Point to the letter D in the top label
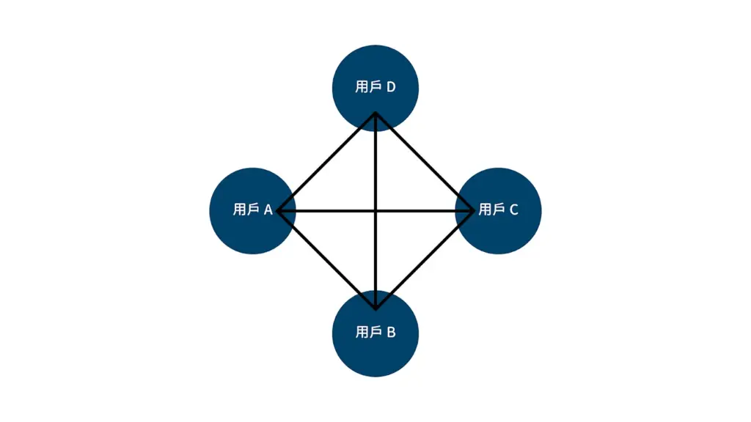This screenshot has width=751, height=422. pos(391,87)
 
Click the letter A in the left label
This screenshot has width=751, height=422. pos(268,210)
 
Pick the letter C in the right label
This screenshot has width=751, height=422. pos(514,210)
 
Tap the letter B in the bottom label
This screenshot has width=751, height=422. pos(392,332)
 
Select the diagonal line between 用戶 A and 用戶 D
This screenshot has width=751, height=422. pos(326,162)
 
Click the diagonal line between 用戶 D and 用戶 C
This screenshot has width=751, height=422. pos(425,162)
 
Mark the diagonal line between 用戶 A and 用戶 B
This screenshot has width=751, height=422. pos(326,260)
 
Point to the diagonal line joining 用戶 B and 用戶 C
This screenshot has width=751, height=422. pos(425,260)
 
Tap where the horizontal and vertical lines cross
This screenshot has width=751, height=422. pos(375,210)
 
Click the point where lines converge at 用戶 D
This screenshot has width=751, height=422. pos(375,113)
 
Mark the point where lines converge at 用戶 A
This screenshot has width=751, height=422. pos(278,210)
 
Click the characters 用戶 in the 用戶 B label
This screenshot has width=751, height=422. pos(368,332)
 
